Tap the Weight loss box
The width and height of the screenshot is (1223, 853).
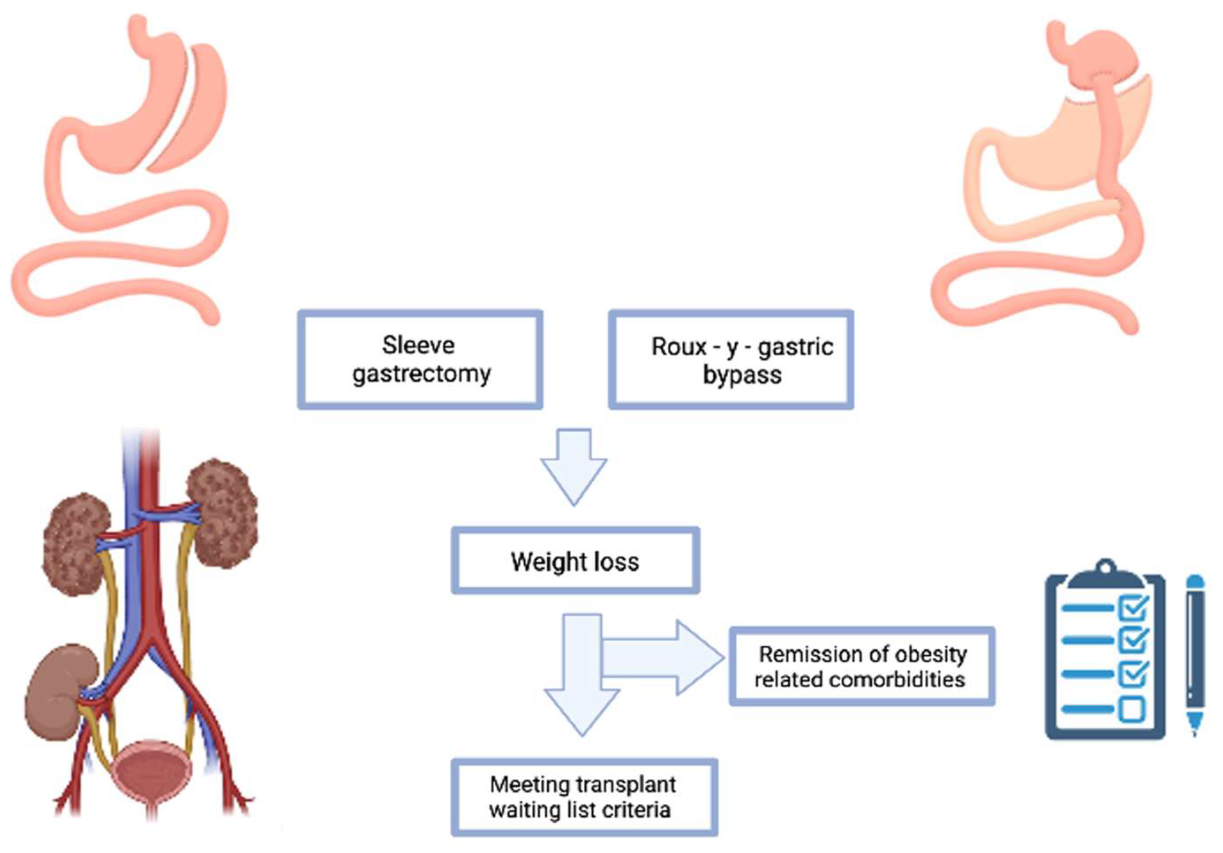pyautogui.click(x=575, y=561)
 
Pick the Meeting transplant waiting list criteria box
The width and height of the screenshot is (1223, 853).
pyautogui.click(x=584, y=797)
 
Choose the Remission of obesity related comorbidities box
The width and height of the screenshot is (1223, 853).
pyautogui.click(x=862, y=666)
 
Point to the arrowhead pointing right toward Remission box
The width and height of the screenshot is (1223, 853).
pyautogui.click(x=698, y=658)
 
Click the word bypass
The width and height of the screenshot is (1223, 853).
pyautogui.click(x=742, y=375)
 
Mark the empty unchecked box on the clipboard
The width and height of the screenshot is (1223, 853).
pyautogui.click(x=1133, y=709)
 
